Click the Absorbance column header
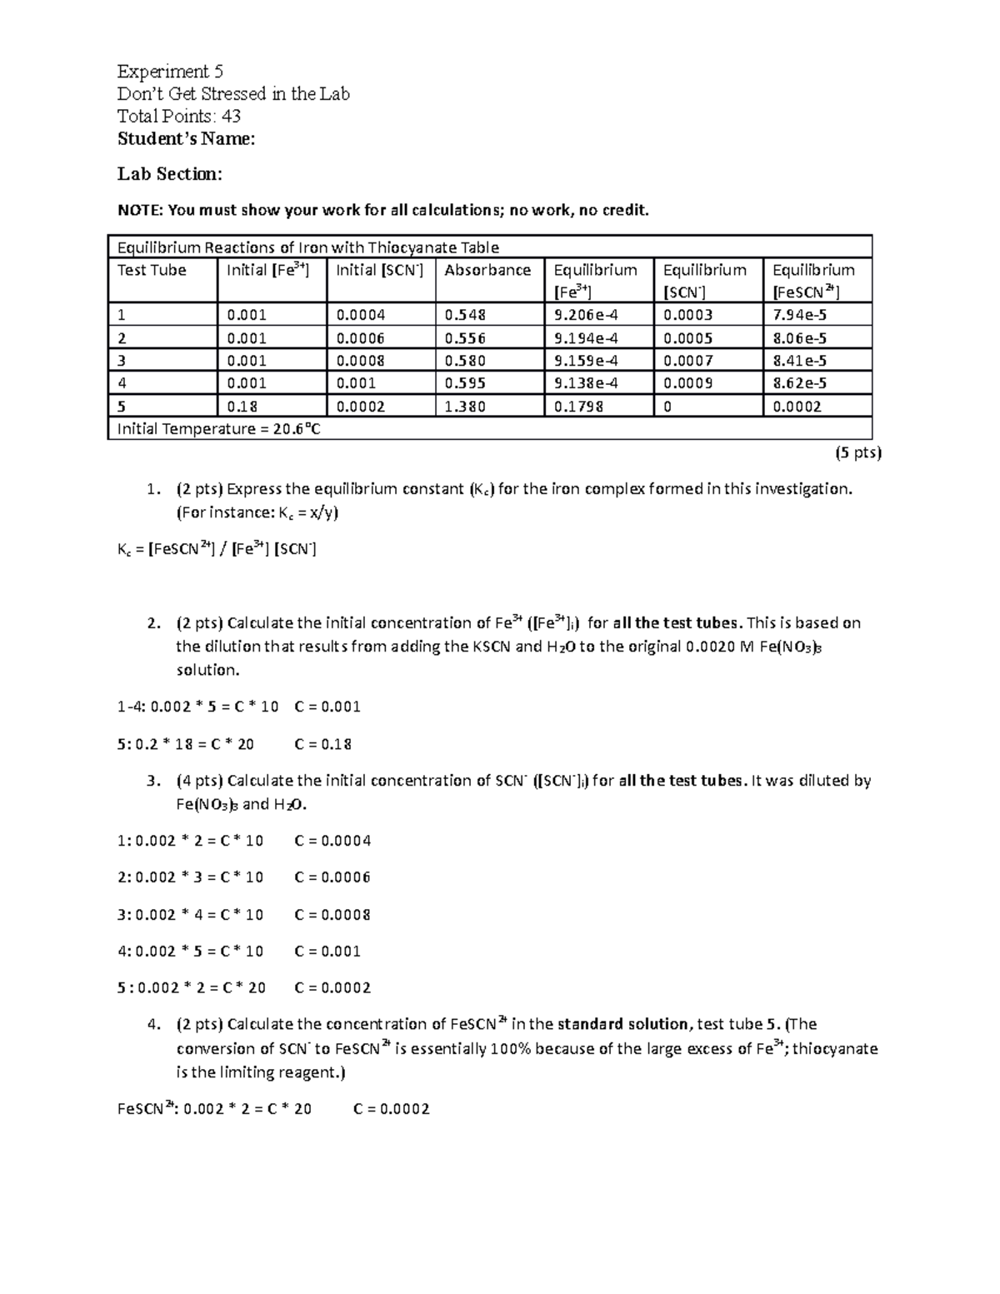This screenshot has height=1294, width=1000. (487, 270)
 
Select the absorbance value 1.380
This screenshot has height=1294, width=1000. (465, 407)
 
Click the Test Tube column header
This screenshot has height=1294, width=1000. (152, 270)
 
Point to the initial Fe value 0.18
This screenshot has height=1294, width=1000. (242, 407)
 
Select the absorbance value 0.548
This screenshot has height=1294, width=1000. (465, 315)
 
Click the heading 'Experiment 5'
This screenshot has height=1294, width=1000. (170, 71)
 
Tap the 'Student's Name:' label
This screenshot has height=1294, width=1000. (186, 138)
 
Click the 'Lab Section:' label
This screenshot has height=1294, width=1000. (170, 173)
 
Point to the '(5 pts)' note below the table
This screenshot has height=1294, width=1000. (858, 452)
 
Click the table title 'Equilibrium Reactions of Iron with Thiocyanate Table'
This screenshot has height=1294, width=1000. (307, 247)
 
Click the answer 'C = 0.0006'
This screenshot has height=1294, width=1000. (332, 877)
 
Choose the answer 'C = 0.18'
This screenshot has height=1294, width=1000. (323, 744)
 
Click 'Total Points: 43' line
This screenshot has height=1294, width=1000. (179, 116)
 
